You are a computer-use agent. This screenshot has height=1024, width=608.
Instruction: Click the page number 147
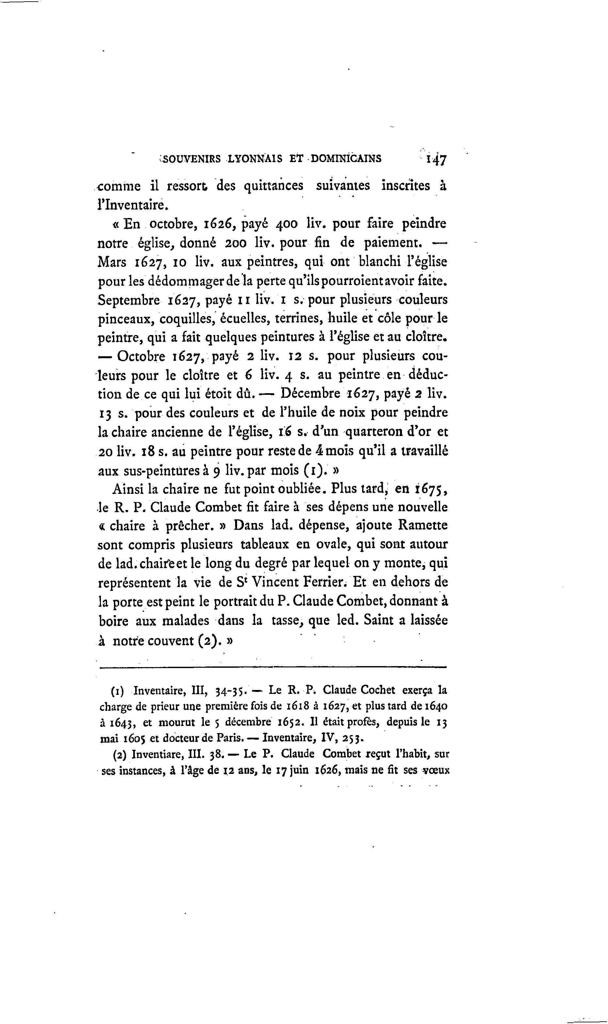point(436,159)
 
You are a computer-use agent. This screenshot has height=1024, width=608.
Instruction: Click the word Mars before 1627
point(112,262)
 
